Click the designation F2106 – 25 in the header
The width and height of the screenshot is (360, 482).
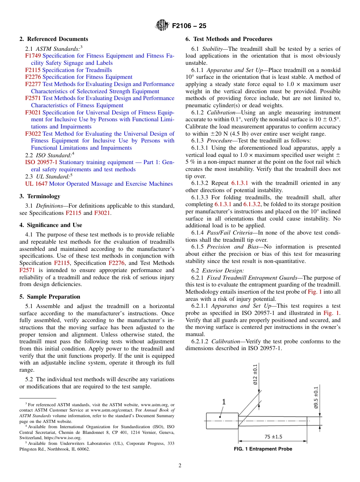(189, 26)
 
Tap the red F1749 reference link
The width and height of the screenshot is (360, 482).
(33, 56)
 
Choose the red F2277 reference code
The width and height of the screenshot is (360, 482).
(33, 84)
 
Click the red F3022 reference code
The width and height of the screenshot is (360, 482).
(33, 133)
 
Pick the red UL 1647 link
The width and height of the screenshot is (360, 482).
(36, 184)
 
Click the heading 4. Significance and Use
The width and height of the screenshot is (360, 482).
(50, 225)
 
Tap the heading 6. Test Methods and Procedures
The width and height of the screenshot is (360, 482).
(229, 39)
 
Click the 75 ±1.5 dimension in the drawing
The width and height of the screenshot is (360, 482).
(273, 437)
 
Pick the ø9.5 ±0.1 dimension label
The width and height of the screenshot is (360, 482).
(316, 397)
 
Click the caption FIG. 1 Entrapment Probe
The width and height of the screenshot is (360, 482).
(263, 449)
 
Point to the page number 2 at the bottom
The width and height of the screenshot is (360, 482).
(180, 466)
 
